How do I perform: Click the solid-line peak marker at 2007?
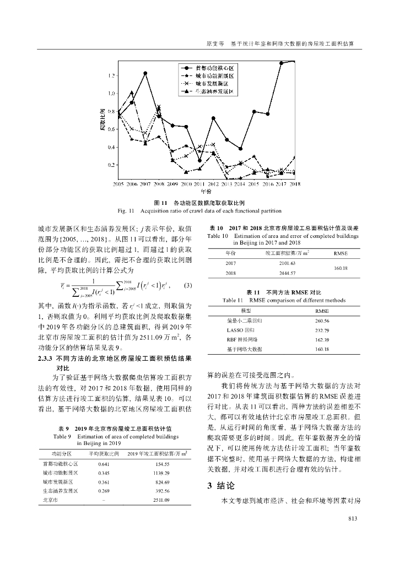coord(145,73)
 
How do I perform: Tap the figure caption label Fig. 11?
coord(127,211)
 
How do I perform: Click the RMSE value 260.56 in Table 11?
coord(322,321)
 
